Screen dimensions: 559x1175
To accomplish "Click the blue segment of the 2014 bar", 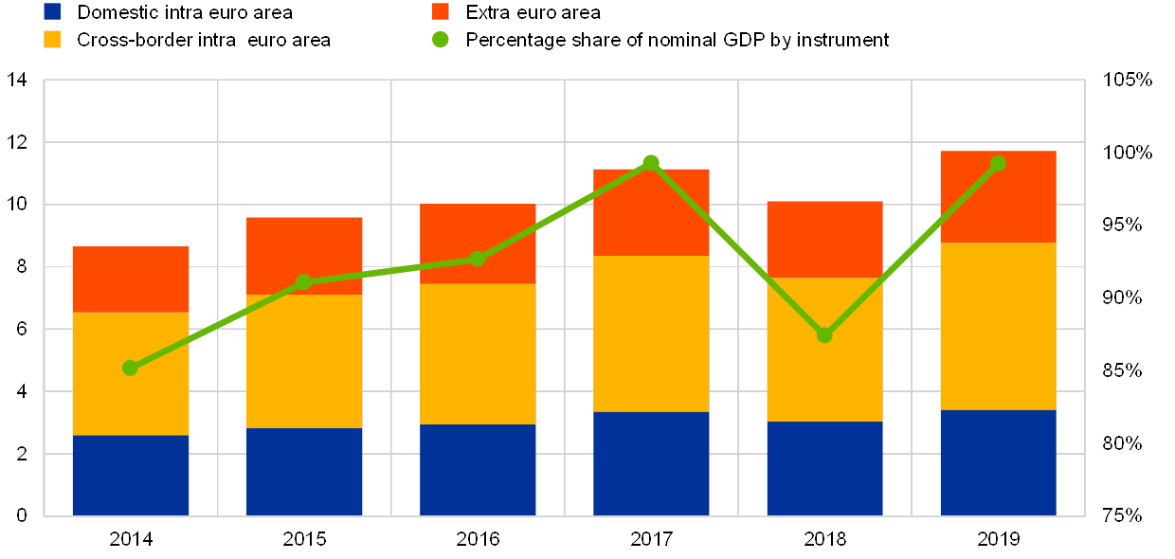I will (x=131, y=476).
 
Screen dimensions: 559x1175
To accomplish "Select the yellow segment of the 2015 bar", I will (x=304, y=361).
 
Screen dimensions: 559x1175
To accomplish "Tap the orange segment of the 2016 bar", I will (x=478, y=243).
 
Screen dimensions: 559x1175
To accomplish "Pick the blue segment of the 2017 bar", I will (x=651, y=463).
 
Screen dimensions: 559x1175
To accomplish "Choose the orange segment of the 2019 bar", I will (x=998, y=196).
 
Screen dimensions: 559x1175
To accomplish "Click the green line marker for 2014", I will (x=131, y=368).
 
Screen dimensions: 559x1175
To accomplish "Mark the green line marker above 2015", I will (x=304, y=281).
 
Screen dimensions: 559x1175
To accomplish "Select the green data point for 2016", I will (x=478, y=259).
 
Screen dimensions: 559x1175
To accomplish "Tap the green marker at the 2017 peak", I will (x=651, y=163).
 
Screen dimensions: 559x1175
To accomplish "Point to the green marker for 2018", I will (x=824, y=334).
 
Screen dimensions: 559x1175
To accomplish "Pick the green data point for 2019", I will (x=998, y=163).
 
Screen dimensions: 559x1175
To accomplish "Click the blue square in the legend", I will (x=53, y=11).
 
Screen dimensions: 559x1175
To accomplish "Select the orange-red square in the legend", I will (x=441, y=11).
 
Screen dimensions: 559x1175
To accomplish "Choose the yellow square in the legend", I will (x=53, y=39).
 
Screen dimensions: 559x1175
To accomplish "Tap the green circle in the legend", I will (x=441, y=39).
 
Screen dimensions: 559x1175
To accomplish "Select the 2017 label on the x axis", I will (x=651, y=538).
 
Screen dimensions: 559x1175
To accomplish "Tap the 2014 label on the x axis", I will (x=131, y=538).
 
